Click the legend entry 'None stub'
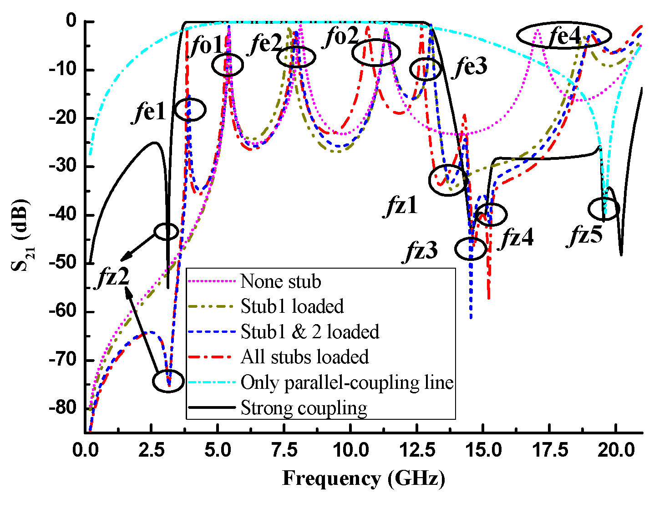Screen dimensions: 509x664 pos(280,281)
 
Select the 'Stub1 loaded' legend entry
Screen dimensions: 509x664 pos(292,306)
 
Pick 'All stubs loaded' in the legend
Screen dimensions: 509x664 pos(304,357)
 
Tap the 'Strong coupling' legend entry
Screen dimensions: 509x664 pos(304,408)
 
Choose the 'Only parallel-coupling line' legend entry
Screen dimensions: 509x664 pos(347,382)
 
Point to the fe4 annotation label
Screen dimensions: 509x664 pos(565,36)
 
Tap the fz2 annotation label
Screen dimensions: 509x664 pos(113,276)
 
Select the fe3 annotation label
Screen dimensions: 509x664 pos(471,67)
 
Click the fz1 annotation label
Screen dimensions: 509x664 pos(402,206)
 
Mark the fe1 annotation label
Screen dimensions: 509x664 pos(150,112)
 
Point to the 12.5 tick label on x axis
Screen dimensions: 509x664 pos(416,450)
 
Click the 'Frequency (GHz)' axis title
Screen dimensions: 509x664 pos(363,478)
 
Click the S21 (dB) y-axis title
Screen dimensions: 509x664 pos(20,234)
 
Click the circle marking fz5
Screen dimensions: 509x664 pos(604,209)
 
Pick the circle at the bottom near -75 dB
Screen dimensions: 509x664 pos(168,381)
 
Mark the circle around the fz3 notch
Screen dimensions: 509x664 pos(471,249)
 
